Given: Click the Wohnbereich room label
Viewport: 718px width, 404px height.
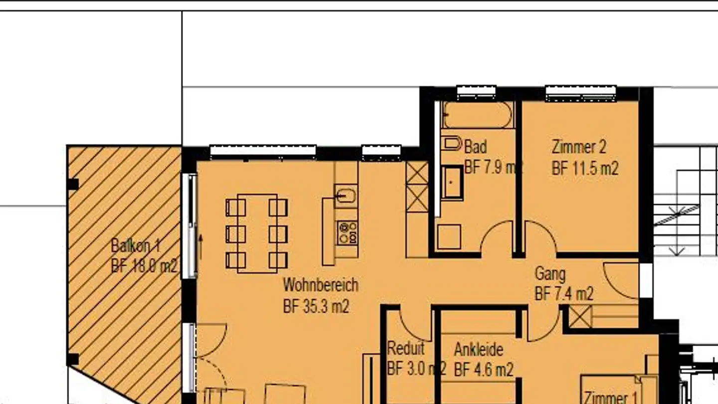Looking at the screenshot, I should tap(320, 285).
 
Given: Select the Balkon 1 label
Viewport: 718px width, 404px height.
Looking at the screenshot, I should tap(136, 245).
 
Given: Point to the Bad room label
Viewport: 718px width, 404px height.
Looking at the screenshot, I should tap(475, 147).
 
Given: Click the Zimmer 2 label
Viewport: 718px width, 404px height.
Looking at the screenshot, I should tap(579, 147).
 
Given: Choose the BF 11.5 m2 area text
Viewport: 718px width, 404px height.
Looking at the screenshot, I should tap(585, 168).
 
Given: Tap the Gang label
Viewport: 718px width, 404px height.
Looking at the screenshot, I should tap(550, 273).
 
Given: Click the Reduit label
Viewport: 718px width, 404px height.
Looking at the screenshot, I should tap(406, 348).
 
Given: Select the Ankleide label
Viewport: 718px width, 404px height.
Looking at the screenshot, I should tap(478, 349).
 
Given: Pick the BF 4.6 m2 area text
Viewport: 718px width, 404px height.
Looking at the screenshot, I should tap(484, 370).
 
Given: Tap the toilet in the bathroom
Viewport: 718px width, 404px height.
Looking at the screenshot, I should tap(452, 144).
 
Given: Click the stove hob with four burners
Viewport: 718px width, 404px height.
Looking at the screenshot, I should tap(347, 232).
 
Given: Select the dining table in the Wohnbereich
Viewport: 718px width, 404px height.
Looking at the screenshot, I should tap(257, 233).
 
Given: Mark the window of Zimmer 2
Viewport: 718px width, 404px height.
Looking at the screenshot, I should tap(580, 93).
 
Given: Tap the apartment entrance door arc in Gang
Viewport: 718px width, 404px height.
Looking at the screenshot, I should tap(620, 280).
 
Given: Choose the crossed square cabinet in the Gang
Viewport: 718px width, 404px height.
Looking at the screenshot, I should tap(580, 317).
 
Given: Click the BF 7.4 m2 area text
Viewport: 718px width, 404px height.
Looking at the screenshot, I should tap(564, 294).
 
